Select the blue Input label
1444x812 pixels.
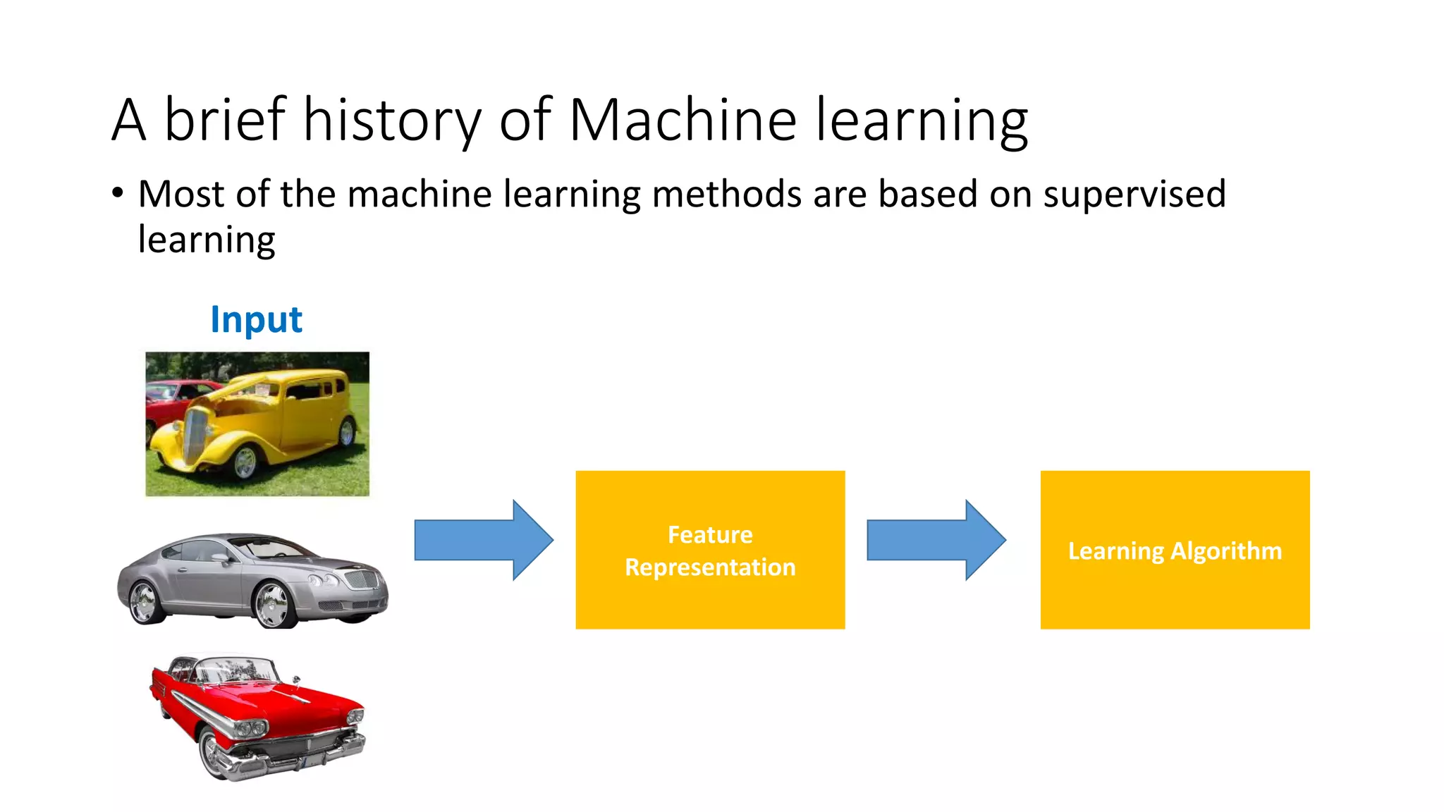[256, 319]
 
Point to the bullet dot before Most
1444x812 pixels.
[118, 192]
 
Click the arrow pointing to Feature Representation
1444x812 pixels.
[484, 540]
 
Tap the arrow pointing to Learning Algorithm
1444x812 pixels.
[936, 540]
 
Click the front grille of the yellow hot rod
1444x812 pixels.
[195, 434]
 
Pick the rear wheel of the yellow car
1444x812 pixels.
[347, 432]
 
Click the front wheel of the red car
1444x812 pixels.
[212, 753]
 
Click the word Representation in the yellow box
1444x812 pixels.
[710, 567]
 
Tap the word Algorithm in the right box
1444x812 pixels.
[1225, 550]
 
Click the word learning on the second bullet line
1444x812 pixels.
[207, 240]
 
